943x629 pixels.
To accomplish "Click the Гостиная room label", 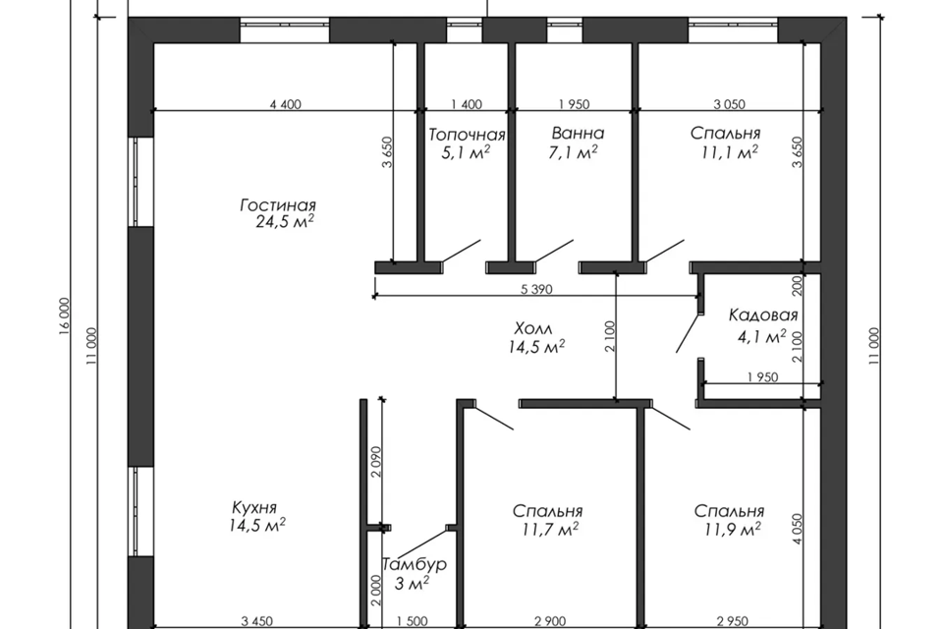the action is tap(278, 205).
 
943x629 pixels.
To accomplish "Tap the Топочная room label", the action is tap(467, 135).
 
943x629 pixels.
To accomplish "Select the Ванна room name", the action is tap(578, 133).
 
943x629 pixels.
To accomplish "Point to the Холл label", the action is tap(533, 328).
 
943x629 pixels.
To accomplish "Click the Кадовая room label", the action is tap(763, 314).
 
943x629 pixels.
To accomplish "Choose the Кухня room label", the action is tap(254, 507).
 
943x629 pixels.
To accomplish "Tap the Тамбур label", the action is tap(415, 564).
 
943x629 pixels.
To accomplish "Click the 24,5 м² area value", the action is tap(285, 221).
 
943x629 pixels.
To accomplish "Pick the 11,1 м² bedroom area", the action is tap(729, 151).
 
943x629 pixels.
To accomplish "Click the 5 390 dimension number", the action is tap(536, 290).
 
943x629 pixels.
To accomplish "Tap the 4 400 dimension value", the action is tap(286, 104).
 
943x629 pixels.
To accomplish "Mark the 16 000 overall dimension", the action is tap(65, 316).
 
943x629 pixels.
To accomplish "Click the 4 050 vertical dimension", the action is tap(798, 529).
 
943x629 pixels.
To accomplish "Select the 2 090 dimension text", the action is tap(376, 462).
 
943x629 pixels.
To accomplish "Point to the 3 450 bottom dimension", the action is tap(256, 621).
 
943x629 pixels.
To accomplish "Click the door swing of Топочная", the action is tap(461, 251).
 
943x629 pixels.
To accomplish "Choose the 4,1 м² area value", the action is tap(762, 336).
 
